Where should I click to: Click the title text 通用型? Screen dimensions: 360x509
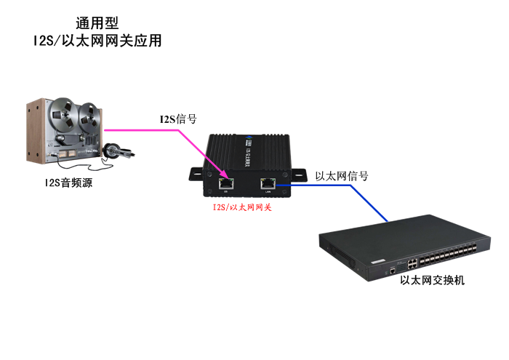coord(97,23)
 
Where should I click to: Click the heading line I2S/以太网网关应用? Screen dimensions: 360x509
coord(97,41)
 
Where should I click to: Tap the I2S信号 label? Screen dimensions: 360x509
coord(178,119)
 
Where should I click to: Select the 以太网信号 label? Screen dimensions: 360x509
coord(342,176)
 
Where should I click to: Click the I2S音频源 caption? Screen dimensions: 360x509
coord(67,183)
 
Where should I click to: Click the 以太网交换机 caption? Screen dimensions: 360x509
coord(432,280)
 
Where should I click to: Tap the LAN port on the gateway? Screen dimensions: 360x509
coord(268,182)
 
